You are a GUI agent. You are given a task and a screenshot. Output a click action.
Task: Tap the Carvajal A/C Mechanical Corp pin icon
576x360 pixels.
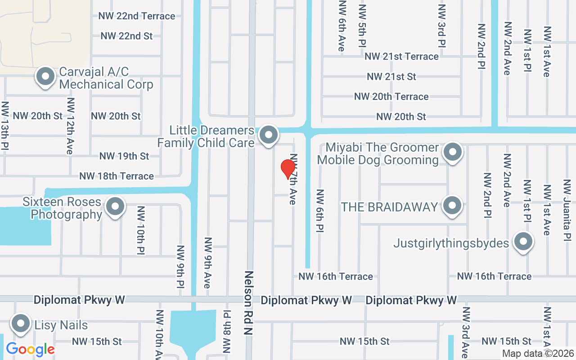45,77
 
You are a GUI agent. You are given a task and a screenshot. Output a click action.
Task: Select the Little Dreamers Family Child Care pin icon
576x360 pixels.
269,135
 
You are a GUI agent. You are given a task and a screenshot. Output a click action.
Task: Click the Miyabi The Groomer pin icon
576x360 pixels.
453,152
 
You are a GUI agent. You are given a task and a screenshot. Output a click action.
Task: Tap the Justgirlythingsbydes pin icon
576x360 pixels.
523,242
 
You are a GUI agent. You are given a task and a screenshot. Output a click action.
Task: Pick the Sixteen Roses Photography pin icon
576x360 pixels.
115,207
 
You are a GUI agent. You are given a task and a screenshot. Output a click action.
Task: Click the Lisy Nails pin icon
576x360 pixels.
20,324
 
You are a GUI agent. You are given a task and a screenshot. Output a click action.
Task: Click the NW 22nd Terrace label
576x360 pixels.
137,16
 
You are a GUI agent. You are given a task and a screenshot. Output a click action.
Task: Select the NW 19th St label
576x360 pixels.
124,156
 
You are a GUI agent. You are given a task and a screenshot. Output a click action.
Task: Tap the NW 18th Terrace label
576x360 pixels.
117,176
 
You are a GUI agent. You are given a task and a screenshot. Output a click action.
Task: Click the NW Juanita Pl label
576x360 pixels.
567,210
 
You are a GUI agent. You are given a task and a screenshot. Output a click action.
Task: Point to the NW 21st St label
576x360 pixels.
391,77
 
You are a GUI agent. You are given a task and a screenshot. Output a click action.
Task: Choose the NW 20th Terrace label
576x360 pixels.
391,97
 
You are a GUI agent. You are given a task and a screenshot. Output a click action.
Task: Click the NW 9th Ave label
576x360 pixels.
207,262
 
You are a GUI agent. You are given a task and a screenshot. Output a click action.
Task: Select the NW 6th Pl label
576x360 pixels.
320,211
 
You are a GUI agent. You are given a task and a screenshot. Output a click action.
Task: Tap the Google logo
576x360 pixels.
30,349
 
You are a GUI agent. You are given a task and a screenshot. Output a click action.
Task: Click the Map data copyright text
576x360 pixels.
538,354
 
